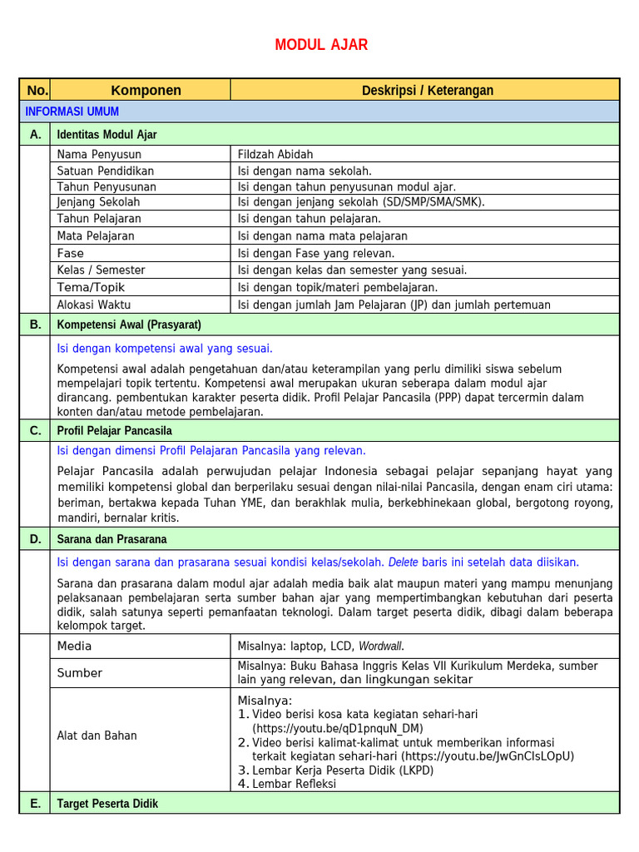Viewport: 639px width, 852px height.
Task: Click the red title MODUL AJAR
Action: (321, 45)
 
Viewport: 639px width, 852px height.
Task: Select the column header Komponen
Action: (146, 91)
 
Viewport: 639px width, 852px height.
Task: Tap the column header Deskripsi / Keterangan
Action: (427, 91)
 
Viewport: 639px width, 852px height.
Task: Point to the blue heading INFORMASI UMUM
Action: (72, 111)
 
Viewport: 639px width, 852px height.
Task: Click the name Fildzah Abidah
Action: (275, 155)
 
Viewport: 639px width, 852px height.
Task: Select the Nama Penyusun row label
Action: (99, 155)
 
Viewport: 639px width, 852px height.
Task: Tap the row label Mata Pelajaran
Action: (96, 236)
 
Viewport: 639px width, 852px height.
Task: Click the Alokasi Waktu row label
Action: (94, 305)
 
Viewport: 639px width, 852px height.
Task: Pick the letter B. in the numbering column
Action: (35, 324)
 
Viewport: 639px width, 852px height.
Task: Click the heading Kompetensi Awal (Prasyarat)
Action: (129, 324)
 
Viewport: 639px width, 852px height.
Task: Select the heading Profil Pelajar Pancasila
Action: (115, 431)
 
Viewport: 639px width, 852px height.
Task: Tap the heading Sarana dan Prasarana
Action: (112, 539)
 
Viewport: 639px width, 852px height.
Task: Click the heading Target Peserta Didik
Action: (107, 804)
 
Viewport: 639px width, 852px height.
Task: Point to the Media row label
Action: (75, 646)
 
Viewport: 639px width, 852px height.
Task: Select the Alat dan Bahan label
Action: (97, 736)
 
